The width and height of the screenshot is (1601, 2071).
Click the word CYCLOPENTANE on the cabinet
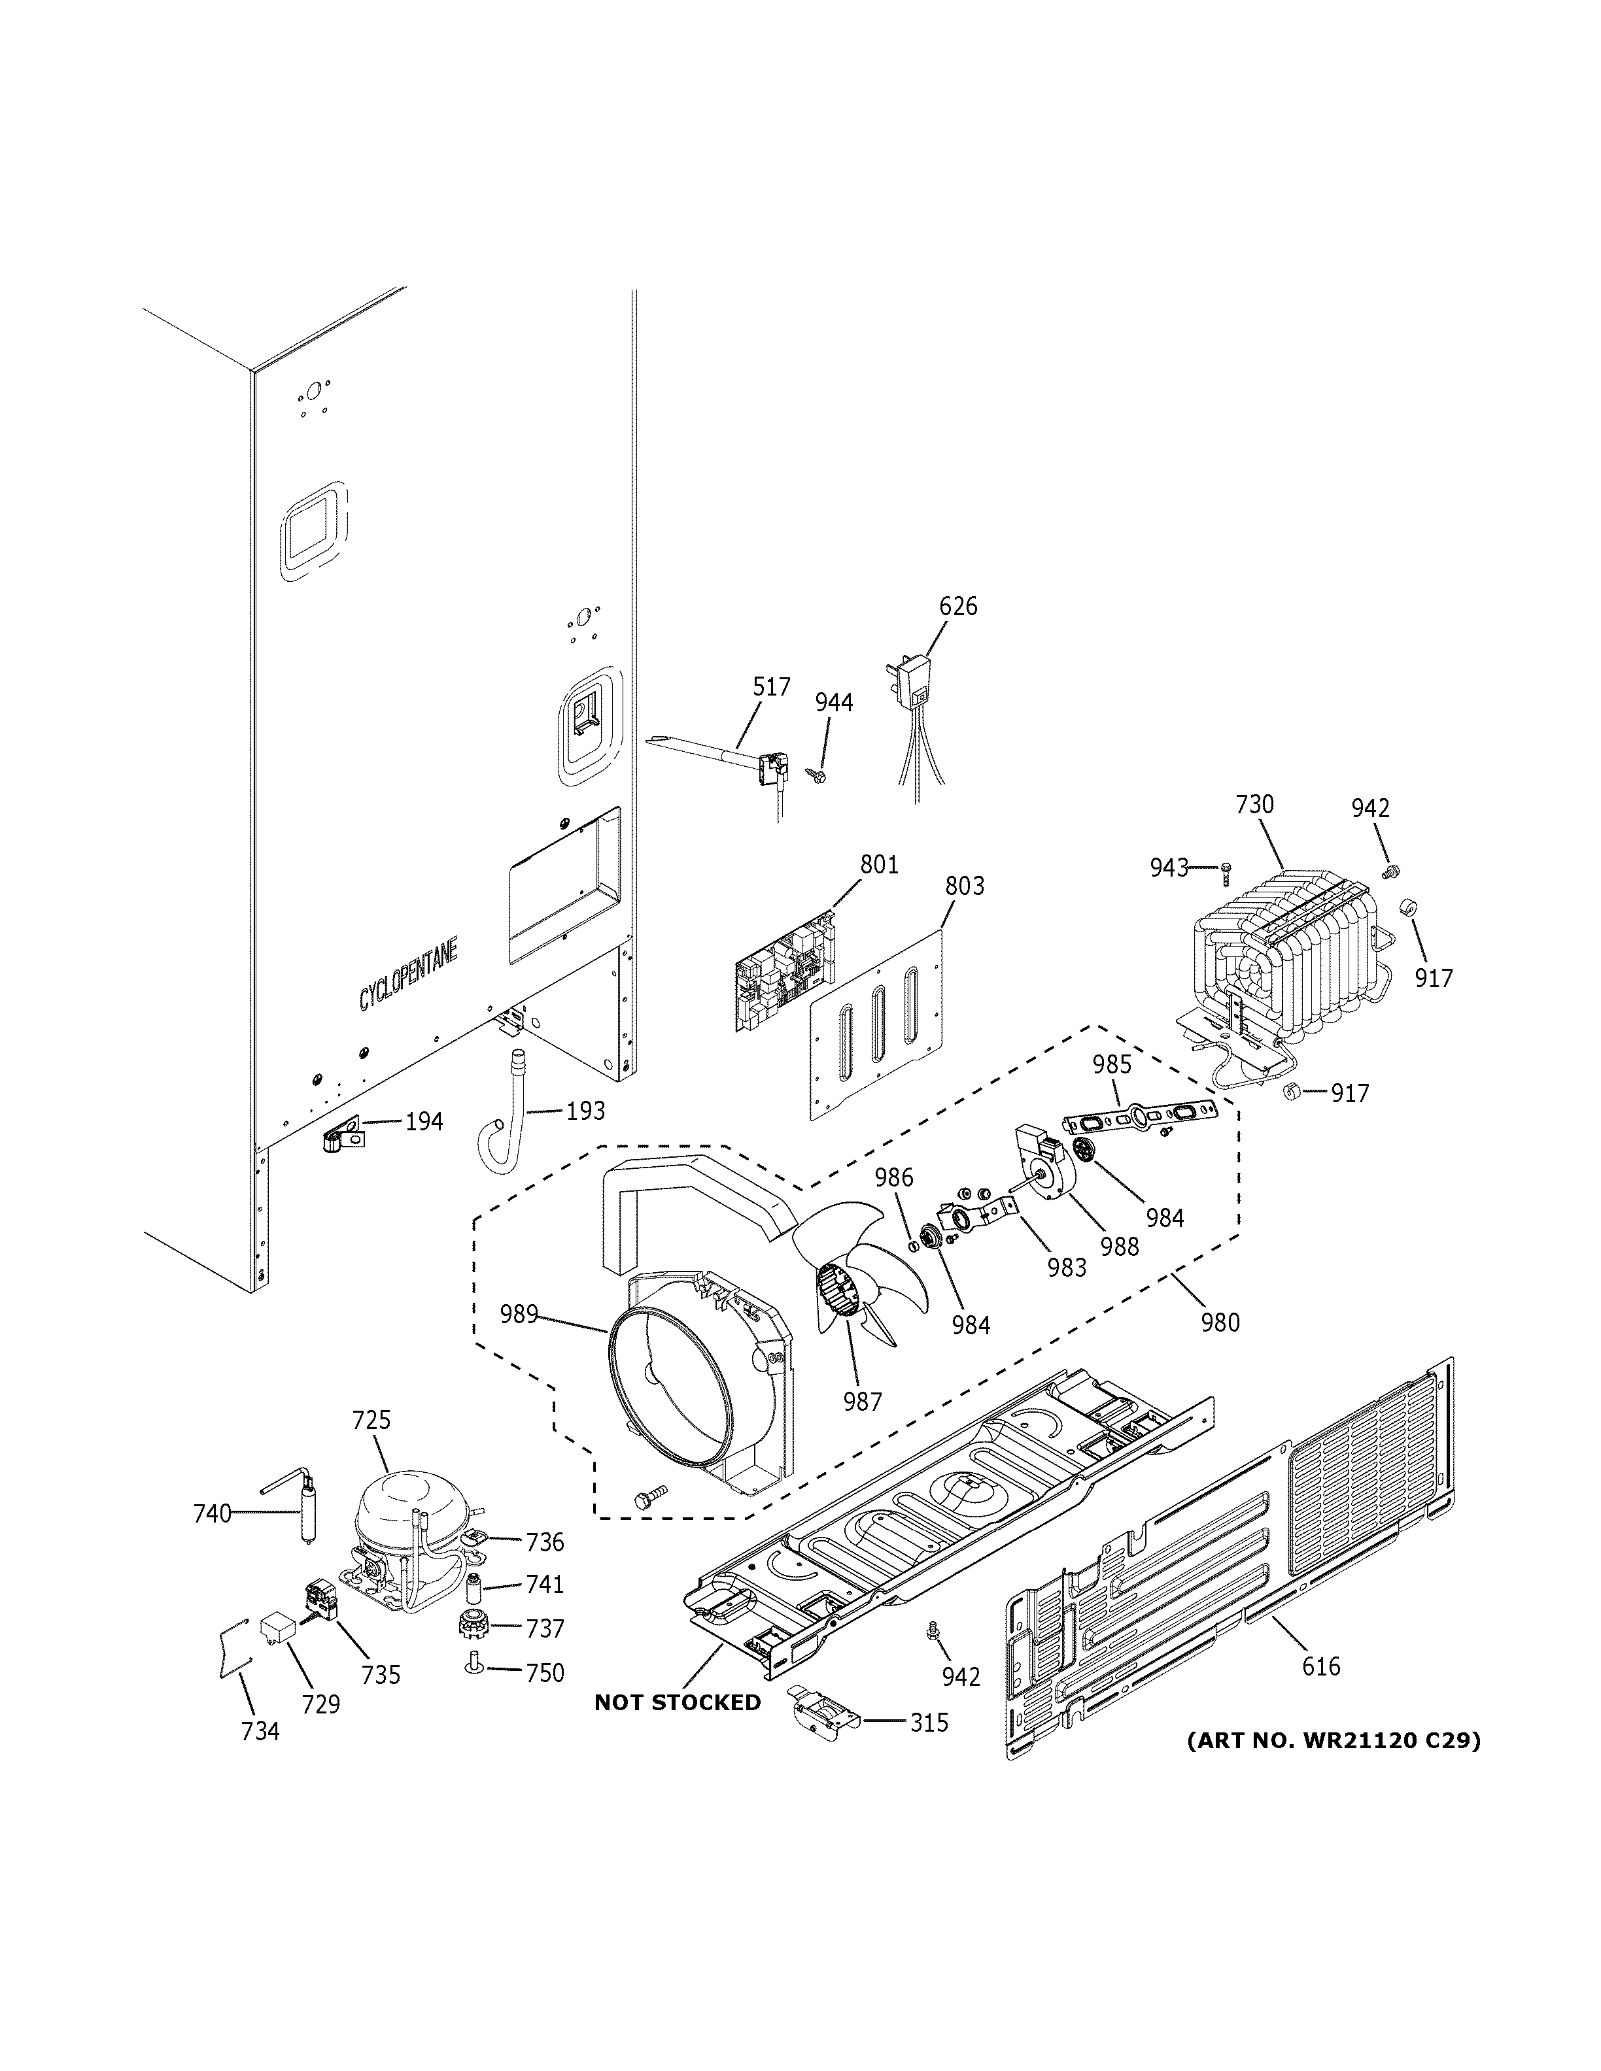408,973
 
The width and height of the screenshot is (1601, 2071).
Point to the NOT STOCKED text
677,1702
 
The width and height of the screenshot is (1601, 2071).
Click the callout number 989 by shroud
519,1314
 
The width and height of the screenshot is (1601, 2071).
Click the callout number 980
1220,1322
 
